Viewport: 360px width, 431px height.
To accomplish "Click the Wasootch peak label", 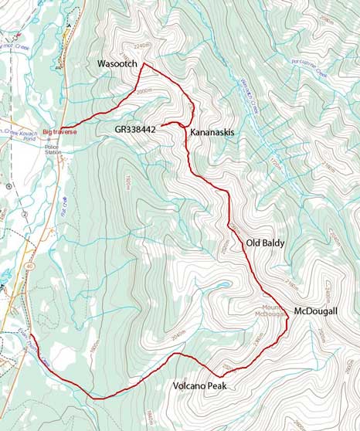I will tap(116, 62).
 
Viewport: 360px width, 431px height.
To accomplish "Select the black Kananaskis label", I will tap(212, 133).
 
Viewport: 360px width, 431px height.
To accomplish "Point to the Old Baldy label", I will tap(265, 243).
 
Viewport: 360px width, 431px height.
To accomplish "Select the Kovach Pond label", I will tap(31, 132).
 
